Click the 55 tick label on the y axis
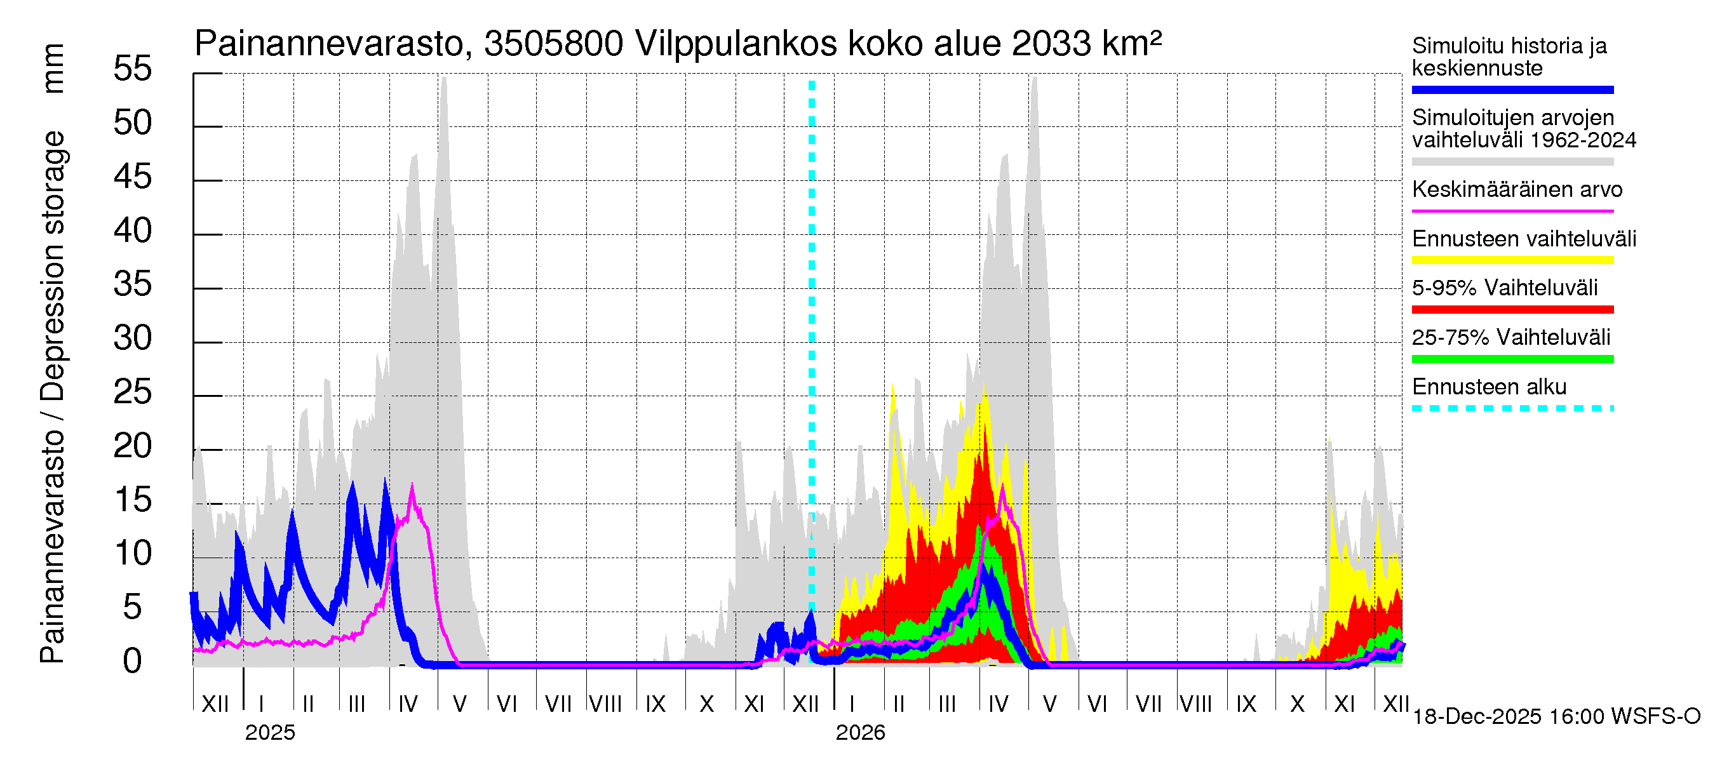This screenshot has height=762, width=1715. (133, 69)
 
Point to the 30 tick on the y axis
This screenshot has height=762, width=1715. (133, 338)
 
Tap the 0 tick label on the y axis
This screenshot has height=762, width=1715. (133, 662)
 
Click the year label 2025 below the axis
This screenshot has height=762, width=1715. (269, 733)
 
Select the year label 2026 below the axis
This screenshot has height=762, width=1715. (860, 733)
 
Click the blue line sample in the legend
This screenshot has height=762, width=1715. (1512, 90)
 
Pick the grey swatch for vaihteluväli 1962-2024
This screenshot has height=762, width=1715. (1512, 162)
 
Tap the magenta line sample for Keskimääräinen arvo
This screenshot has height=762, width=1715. (1512, 211)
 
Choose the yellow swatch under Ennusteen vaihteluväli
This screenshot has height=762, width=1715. (1512, 260)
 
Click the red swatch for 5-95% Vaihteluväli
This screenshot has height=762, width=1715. (1512, 309)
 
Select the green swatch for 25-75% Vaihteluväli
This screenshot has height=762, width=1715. (1512, 359)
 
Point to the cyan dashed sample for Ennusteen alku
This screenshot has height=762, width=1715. (1512, 408)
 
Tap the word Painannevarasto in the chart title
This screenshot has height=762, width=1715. (330, 44)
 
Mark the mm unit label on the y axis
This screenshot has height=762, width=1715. (53, 69)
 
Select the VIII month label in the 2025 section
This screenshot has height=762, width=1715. (605, 704)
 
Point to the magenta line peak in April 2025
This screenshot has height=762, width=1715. (412, 487)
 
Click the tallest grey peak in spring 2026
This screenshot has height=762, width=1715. (1034, 79)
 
